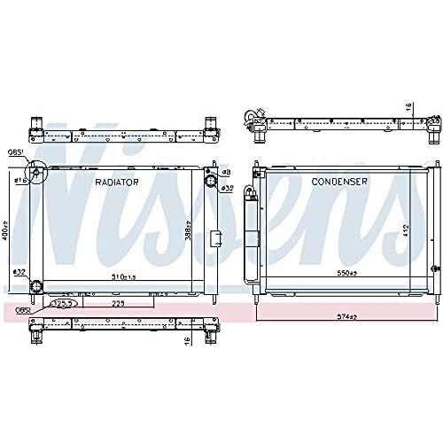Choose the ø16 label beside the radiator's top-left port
[21, 180]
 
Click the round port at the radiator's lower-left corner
[38, 285]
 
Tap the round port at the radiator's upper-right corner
[211, 182]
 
